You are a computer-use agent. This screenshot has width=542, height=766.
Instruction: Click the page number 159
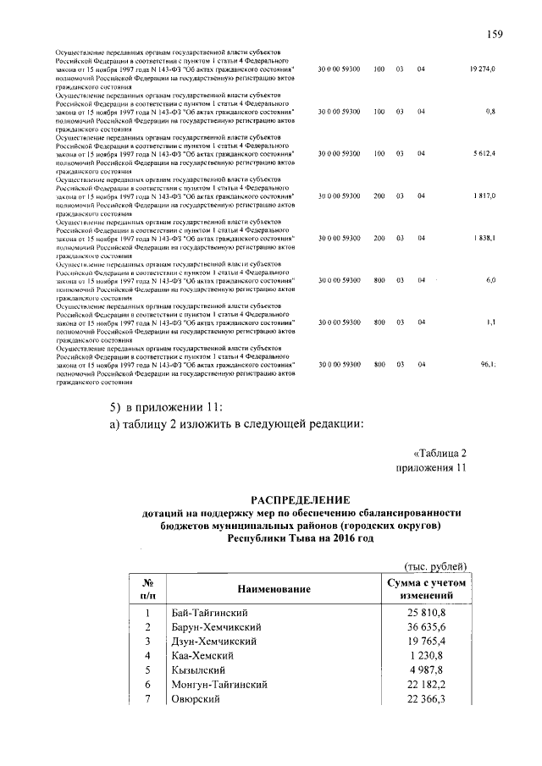495,34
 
